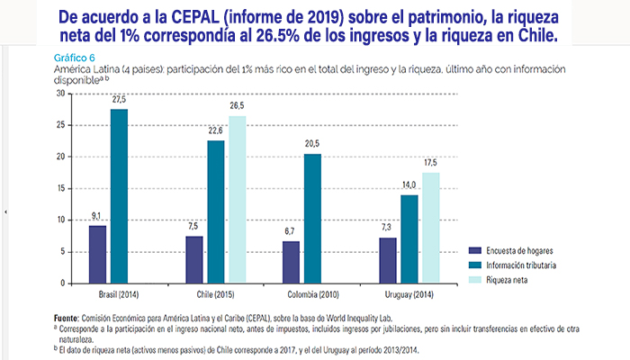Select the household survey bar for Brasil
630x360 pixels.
point(98,254)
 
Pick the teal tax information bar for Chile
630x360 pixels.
point(216,211)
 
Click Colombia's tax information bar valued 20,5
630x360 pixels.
point(312,218)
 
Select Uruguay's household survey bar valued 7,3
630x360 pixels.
point(389,260)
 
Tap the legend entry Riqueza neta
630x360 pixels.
point(509,280)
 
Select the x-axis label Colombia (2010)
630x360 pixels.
point(312,294)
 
